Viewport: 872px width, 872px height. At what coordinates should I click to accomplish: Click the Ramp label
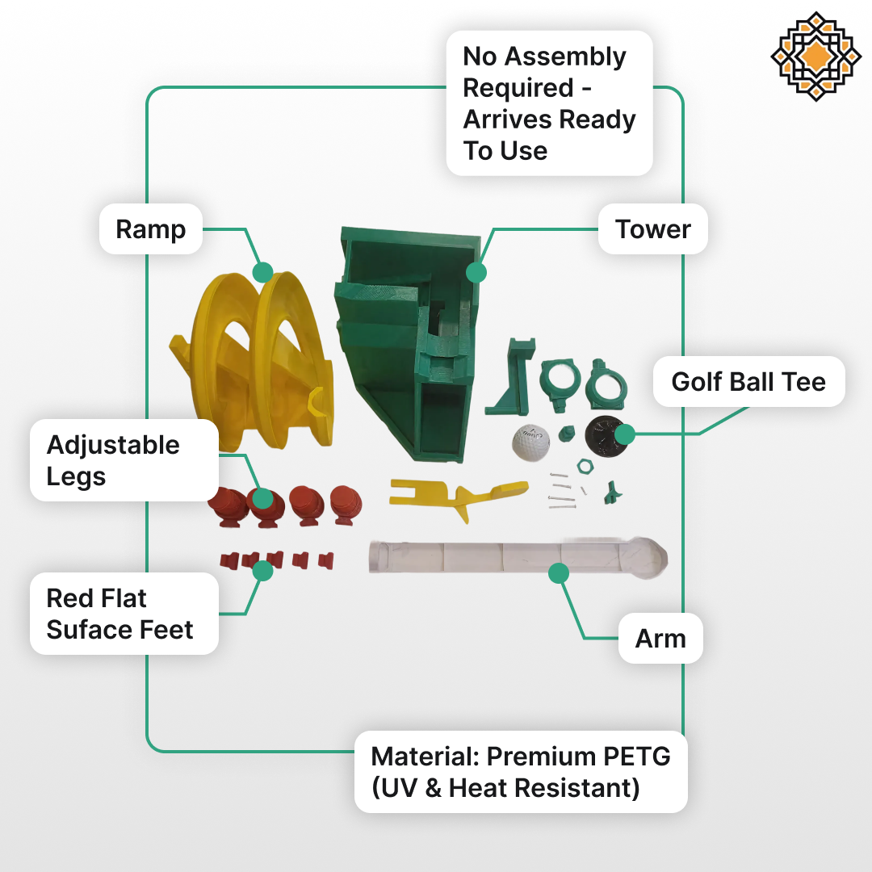pos(150,229)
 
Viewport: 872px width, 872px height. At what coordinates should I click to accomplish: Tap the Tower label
pos(652,229)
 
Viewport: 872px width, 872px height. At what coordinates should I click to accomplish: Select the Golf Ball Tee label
pos(748,381)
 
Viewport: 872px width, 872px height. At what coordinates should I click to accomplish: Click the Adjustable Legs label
pos(113,460)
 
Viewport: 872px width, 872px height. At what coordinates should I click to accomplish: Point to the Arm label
pos(660,639)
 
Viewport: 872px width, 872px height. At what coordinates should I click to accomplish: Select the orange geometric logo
pos(815,57)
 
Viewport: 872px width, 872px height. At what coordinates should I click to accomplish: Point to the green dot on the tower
pos(476,272)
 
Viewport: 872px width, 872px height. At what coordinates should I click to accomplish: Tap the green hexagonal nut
pos(585,467)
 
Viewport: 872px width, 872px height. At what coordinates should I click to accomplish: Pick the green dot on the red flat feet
pos(262,571)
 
